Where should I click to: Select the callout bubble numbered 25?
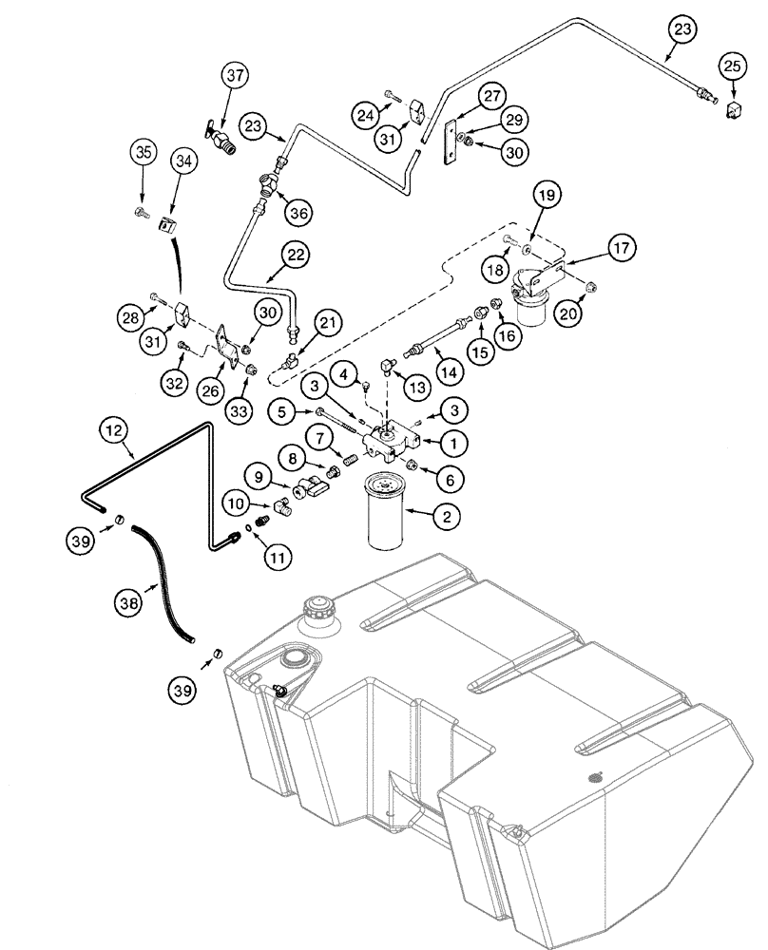[x=733, y=66]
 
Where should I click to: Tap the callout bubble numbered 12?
[x=112, y=431]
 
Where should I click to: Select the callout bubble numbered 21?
[x=327, y=326]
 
